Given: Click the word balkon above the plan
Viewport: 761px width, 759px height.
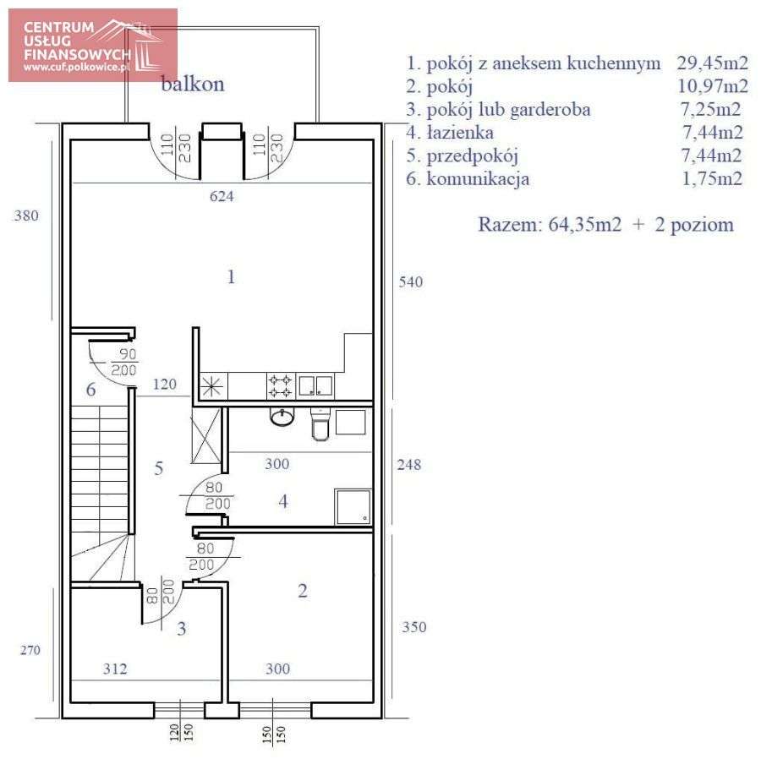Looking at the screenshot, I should (193, 85).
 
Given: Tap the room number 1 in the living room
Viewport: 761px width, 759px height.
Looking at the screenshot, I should (230, 277).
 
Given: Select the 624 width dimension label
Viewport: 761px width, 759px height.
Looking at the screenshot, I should (221, 197).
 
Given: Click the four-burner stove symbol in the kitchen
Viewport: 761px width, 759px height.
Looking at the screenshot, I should (281, 386).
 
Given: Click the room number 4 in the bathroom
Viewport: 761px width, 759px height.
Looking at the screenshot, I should (283, 502).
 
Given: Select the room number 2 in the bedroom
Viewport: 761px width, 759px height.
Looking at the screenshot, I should (303, 591).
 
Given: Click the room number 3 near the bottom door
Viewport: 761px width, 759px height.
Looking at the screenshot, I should (181, 629).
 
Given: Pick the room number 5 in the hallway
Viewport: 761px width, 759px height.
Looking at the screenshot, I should (159, 468).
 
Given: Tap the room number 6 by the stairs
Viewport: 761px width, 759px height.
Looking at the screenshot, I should (90, 390).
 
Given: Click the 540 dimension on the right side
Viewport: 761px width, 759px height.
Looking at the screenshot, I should (410, 282).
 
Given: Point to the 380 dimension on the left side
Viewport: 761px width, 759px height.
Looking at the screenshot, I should (26, 216).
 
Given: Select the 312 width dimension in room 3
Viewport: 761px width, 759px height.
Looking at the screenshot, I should (115, 669).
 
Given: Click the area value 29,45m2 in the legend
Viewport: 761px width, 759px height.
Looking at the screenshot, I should (712, 63).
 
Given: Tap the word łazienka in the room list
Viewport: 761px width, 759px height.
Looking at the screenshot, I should (459, 133).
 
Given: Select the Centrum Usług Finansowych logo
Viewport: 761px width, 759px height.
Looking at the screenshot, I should (93, 46).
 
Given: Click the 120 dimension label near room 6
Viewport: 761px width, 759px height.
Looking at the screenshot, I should (164, 385).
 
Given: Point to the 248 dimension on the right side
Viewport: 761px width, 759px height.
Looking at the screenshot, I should (410, 465).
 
